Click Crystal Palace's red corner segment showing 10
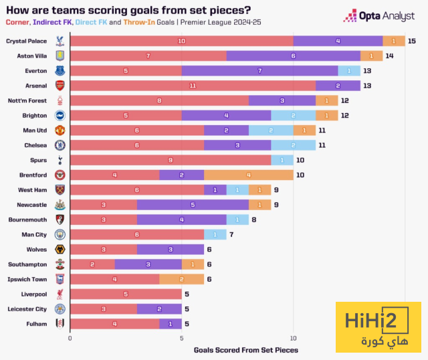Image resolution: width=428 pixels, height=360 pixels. (181, 41)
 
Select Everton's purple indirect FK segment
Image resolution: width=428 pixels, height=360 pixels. (259, 70)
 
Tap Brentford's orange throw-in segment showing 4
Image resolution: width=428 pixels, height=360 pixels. (249, 175)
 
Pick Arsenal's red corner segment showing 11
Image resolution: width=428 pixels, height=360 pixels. (193, 85)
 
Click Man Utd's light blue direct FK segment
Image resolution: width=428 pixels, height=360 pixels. (271, 130)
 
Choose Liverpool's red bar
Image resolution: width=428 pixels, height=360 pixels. (126, 294)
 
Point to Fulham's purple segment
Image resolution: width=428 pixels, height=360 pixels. (171, 324)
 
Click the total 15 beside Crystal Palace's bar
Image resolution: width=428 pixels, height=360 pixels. (411, 41)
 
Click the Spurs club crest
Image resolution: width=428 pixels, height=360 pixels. (60, 160)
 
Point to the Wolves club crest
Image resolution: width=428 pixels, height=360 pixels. (60, 249)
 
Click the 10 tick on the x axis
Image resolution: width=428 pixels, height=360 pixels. (294, 338)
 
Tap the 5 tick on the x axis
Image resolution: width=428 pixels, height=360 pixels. (182, 338)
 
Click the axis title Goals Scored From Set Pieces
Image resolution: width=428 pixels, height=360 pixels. (246, 349)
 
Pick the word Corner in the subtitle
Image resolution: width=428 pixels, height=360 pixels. (20, 22)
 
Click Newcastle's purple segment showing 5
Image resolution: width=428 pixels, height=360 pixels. (193, 204)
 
